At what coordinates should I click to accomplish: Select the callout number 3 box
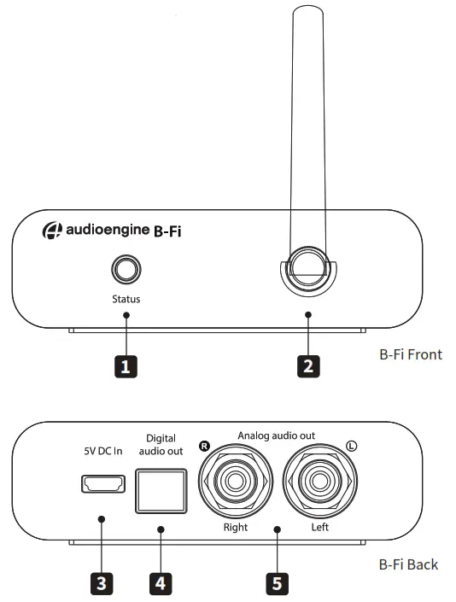[102, 583]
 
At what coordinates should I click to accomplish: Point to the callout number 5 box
[276, 583]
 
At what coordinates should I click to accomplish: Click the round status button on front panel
[126, 271]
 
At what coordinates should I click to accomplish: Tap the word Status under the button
[126, 299]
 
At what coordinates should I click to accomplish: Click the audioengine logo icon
[52, 231]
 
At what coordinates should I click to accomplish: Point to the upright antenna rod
[309, 128]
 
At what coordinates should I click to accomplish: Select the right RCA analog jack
[235, 483]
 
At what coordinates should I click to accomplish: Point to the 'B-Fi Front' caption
[411, 353]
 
